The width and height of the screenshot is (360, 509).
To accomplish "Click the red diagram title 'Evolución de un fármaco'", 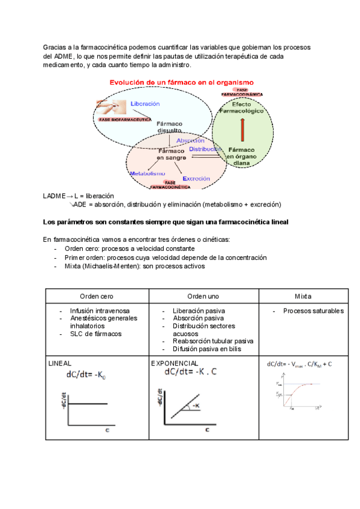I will coord(181,82).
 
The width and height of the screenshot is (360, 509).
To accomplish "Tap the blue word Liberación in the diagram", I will coord(144,104).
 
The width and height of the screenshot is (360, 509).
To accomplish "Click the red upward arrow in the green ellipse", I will coord(242,128).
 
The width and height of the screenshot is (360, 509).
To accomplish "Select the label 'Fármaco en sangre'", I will coord(172,154).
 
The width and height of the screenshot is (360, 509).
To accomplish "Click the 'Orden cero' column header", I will coord(97,297).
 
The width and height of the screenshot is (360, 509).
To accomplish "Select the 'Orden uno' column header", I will coord(203,297).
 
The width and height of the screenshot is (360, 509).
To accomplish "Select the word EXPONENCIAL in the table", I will coord(175,364).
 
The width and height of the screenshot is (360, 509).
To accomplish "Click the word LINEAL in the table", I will coord(59,364).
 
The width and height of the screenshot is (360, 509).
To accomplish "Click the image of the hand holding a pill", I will coord(111,107).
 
